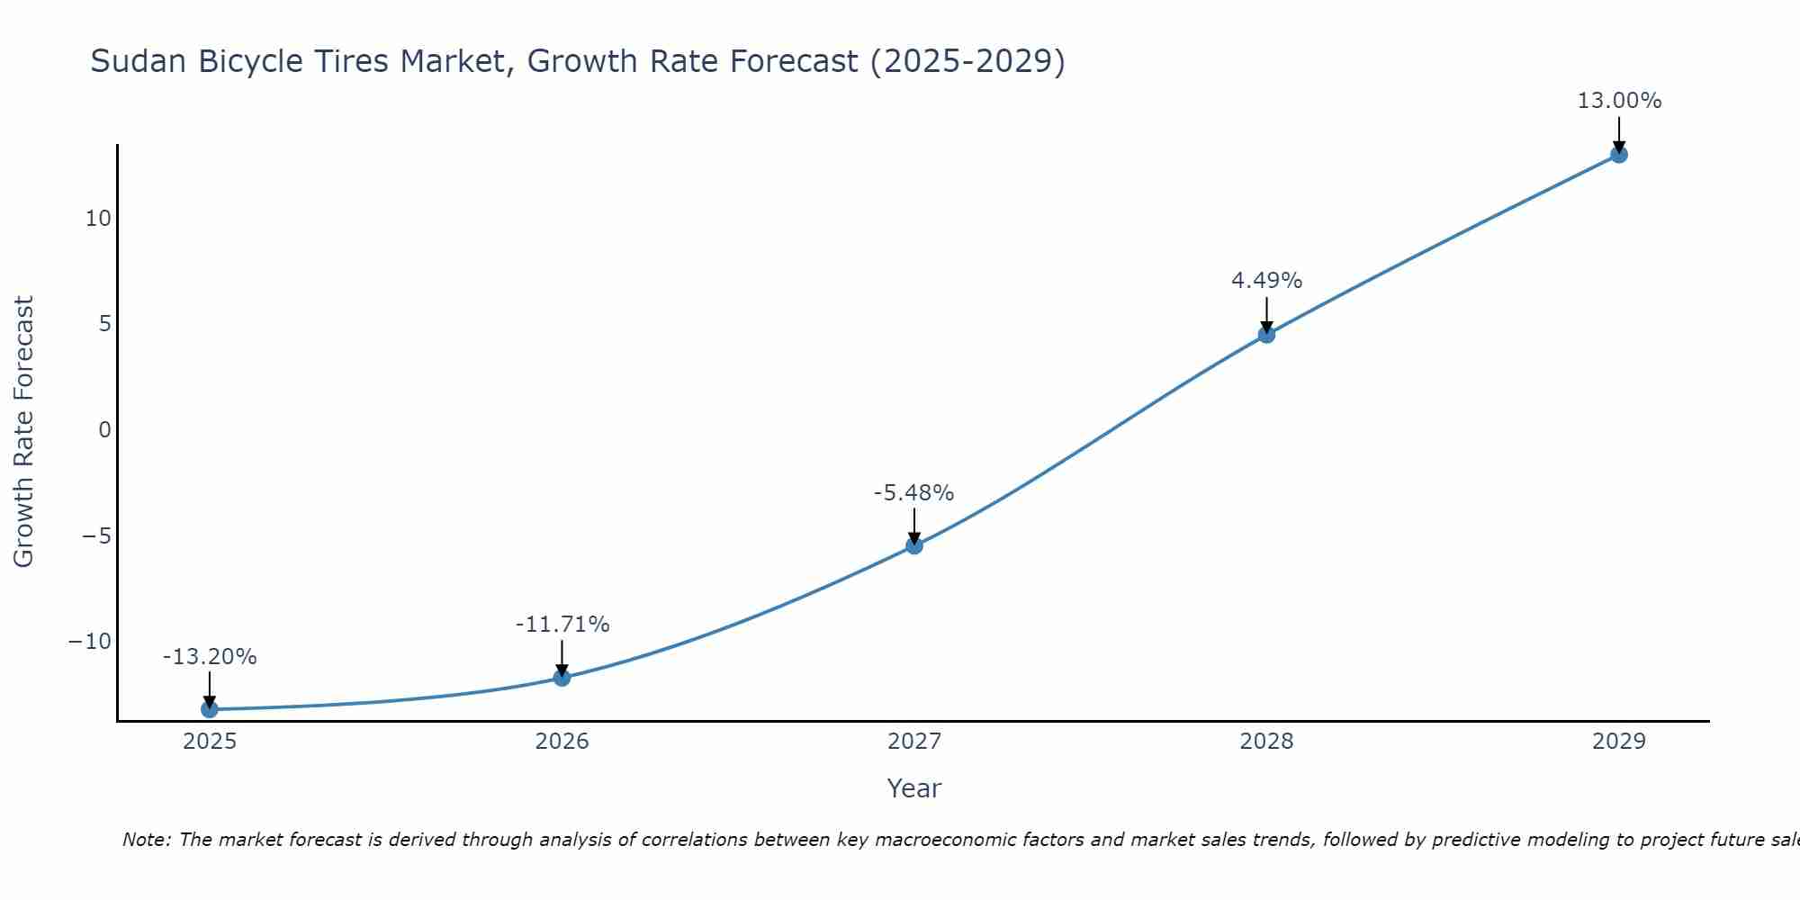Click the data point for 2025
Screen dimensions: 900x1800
(210, 709)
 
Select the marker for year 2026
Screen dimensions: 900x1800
(562, 678)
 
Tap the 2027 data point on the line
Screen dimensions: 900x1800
(914, 545)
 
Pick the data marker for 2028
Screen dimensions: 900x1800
(1266, 335)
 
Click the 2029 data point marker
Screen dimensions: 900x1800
(1619, 155)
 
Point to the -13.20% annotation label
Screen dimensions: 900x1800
(210, 657)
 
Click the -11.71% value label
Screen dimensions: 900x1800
(562, 625)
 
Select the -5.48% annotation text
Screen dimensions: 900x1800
(913, 493)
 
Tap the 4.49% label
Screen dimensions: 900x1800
(1266, 281)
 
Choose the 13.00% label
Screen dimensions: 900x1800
(1619, 101)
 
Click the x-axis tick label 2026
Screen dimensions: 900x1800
(562, 742)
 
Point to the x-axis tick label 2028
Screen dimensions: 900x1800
(1266, 742)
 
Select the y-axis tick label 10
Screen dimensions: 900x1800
(98, 219)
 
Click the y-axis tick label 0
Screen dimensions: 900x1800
(105, 430)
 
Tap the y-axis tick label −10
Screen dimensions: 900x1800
(90, 642)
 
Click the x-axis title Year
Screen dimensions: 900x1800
(913, 788)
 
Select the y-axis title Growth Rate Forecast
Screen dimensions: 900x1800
(23, 431)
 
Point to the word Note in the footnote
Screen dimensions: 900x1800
(145, 840)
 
